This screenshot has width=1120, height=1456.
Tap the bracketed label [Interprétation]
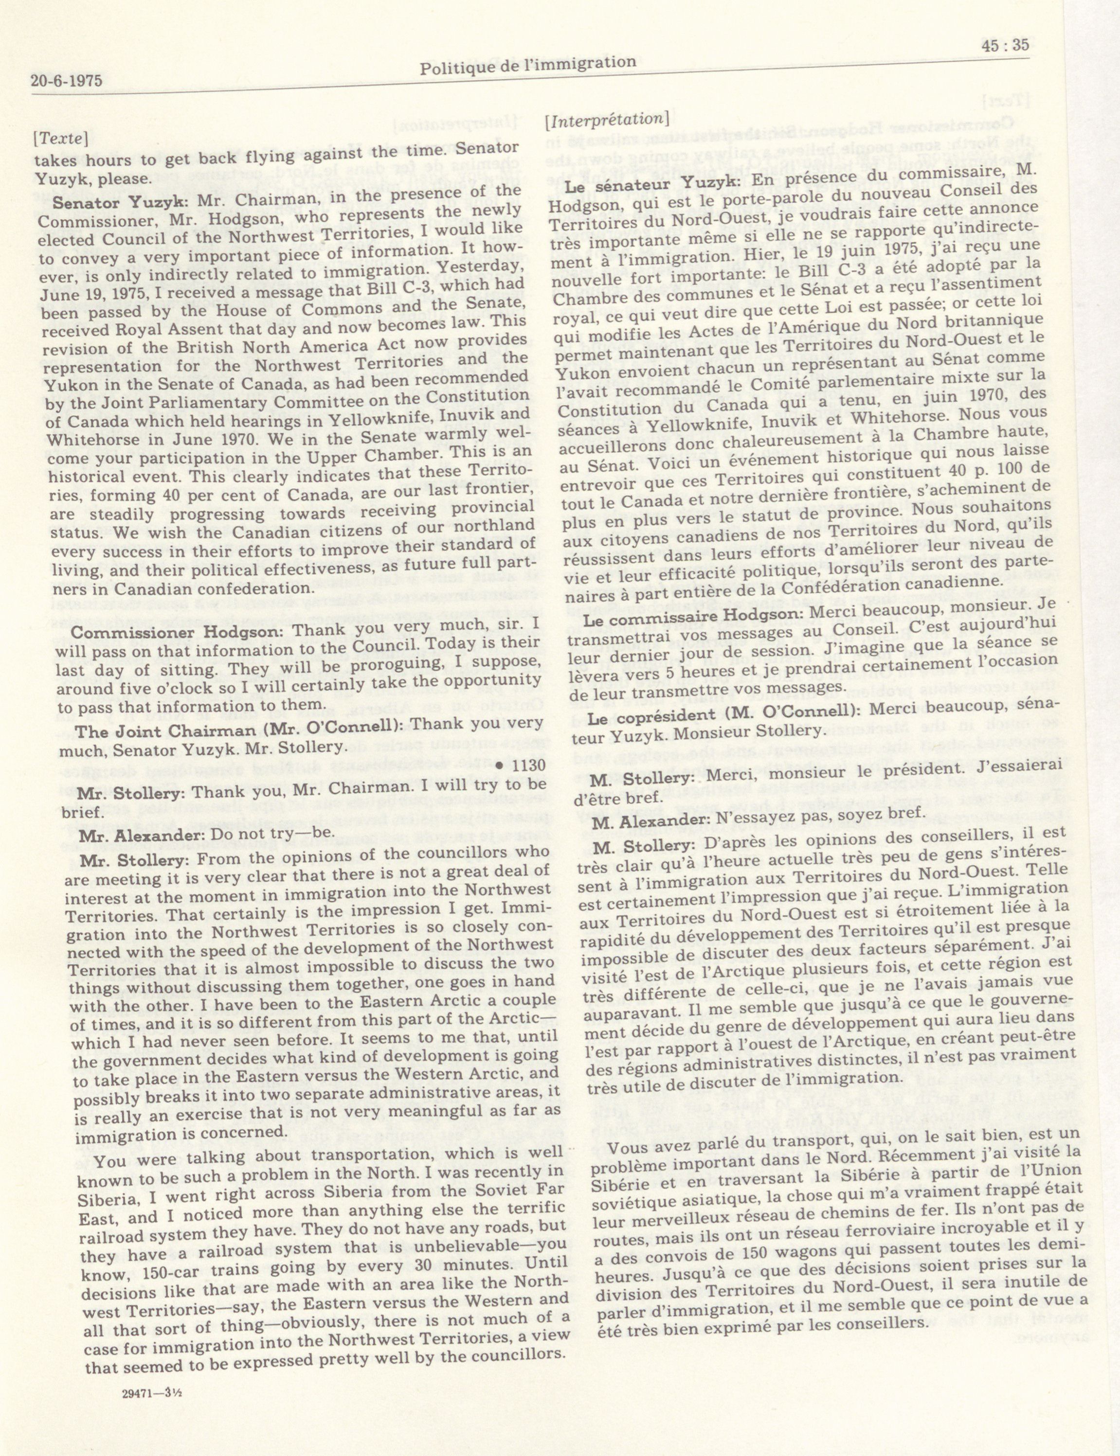pos(607,121)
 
